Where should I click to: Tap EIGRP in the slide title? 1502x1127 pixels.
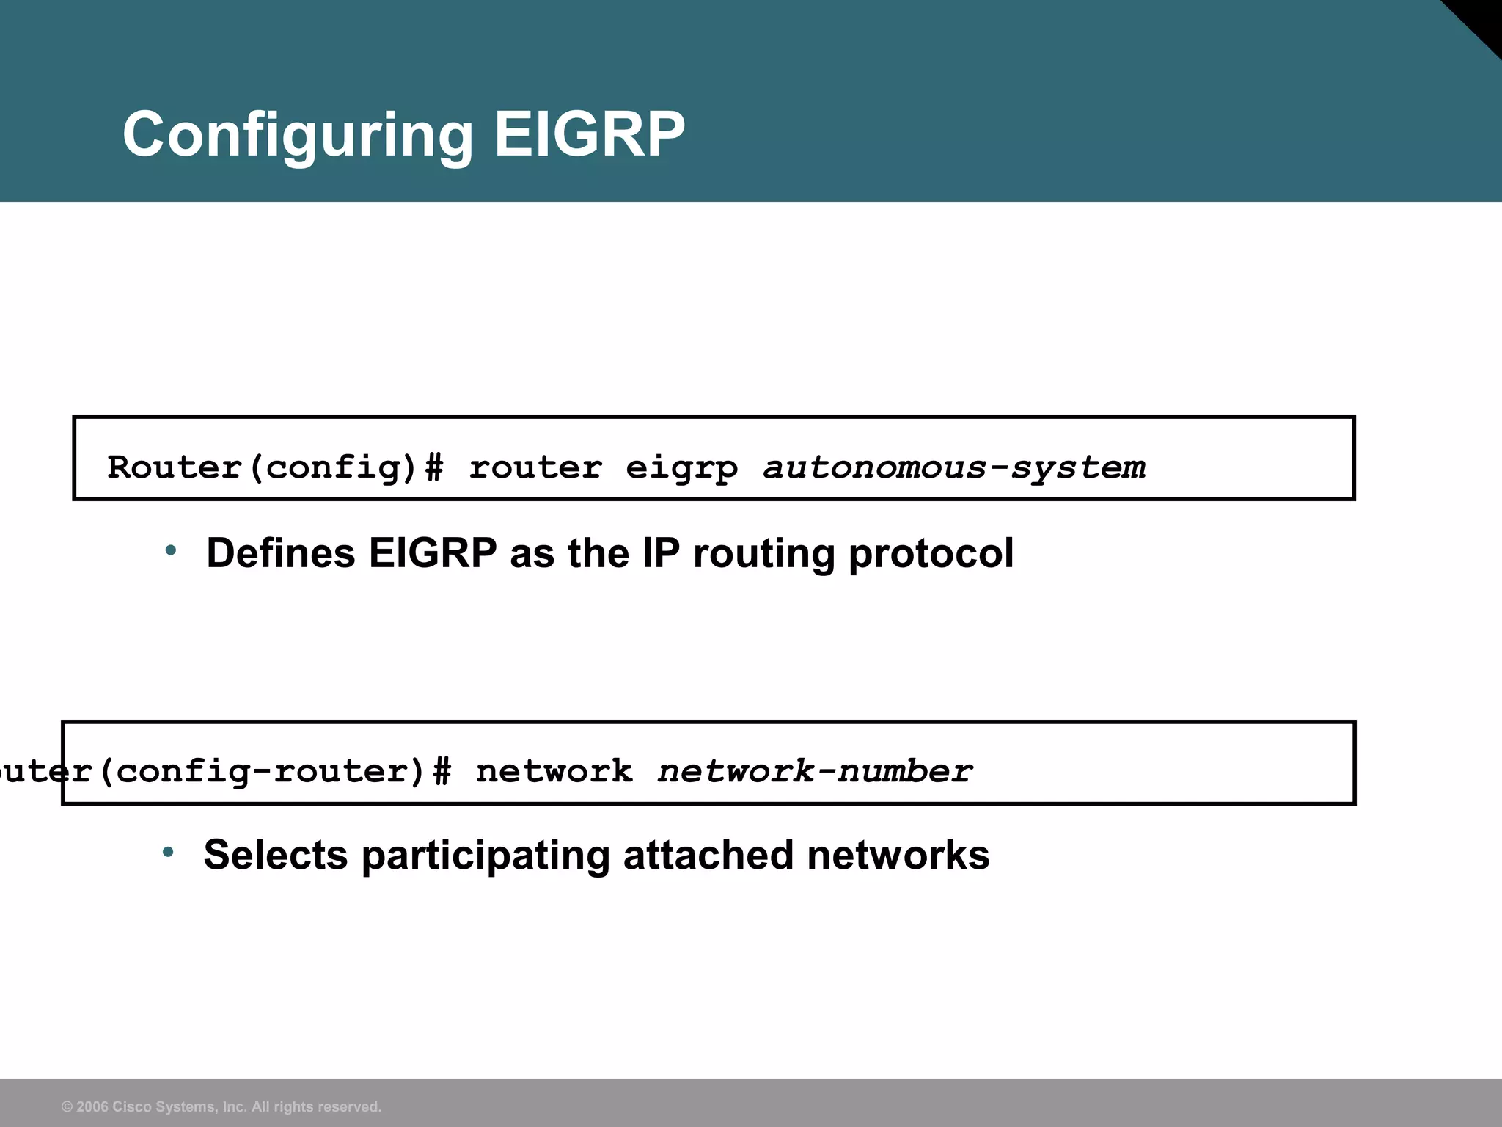[589, 134]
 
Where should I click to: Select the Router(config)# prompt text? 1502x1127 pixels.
[275, 467]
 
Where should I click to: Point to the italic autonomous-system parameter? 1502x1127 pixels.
[953, 467]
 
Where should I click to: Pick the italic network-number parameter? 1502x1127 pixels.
[814, 771]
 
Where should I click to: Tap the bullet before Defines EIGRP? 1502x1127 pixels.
[171, 550]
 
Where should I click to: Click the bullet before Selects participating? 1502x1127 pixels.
[169, 852]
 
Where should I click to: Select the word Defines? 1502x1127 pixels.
[280, 553]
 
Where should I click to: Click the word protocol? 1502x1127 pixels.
[931, 555]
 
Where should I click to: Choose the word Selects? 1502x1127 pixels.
[276, 855]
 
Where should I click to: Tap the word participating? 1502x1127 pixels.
[486, 856]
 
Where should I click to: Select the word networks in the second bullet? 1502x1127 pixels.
[898, 855]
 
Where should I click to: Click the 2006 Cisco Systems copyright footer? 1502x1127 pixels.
[221, 1106]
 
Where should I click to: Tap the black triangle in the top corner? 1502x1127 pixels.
[1481, 18]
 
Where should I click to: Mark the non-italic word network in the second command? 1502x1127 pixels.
[554, 771]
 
